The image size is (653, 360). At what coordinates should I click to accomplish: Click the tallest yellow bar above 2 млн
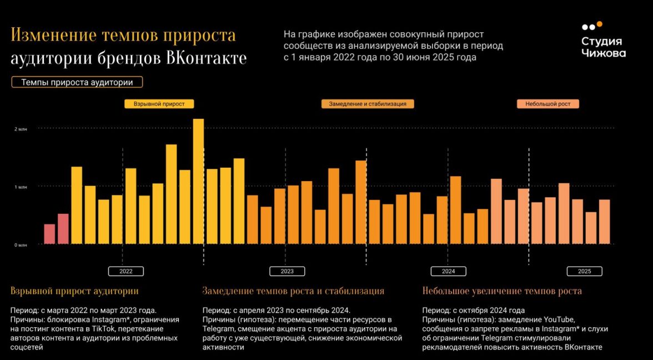[198, 181]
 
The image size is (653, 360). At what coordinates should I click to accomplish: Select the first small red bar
[49, 234]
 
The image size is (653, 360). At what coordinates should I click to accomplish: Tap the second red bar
[63, 229]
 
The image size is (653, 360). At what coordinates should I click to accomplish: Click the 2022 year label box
[126, 271]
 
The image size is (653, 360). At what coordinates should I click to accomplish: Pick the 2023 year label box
[287, 271]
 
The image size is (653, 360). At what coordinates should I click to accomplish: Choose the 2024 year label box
[448, 271]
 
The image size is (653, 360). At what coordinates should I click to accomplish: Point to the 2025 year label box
[584, 271]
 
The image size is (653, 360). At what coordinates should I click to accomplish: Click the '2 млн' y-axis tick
[20, 129]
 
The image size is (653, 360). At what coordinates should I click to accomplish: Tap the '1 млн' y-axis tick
[20, 187]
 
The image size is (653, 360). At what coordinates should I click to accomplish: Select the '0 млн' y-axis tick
[20, 244]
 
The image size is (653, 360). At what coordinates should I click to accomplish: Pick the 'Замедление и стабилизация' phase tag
[368, 104]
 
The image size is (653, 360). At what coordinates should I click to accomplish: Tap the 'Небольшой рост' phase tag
[547, 104]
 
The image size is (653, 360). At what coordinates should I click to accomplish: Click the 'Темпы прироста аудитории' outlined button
[77, 82]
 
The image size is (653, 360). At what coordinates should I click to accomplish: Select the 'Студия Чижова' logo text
[603, 47]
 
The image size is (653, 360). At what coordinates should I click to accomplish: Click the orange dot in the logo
[599, 24]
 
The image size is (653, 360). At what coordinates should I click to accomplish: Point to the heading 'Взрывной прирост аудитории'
[74, 291]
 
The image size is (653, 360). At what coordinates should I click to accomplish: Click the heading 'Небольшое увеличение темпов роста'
[502, 291]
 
